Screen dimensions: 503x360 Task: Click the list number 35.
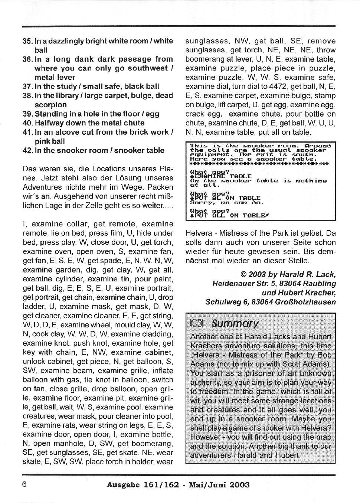pyautogui.click(x=28, y=41)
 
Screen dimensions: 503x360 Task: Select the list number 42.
pyautogui.click(x=28, y=150)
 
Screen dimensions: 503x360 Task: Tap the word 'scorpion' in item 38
pyautogui.click(x=50, y=105)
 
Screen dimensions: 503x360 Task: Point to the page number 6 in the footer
pyautogui.click(x=25, y=484)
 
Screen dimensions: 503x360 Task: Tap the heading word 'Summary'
pyautogui.click(x=235, y=324)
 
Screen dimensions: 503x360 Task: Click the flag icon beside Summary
pyautogui.click(x=197, y=324)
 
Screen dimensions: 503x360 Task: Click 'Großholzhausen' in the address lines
pyautogui.click(x=305, y=302)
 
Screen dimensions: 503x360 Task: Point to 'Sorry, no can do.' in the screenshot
pyautogui.click(x=226, y=203)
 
